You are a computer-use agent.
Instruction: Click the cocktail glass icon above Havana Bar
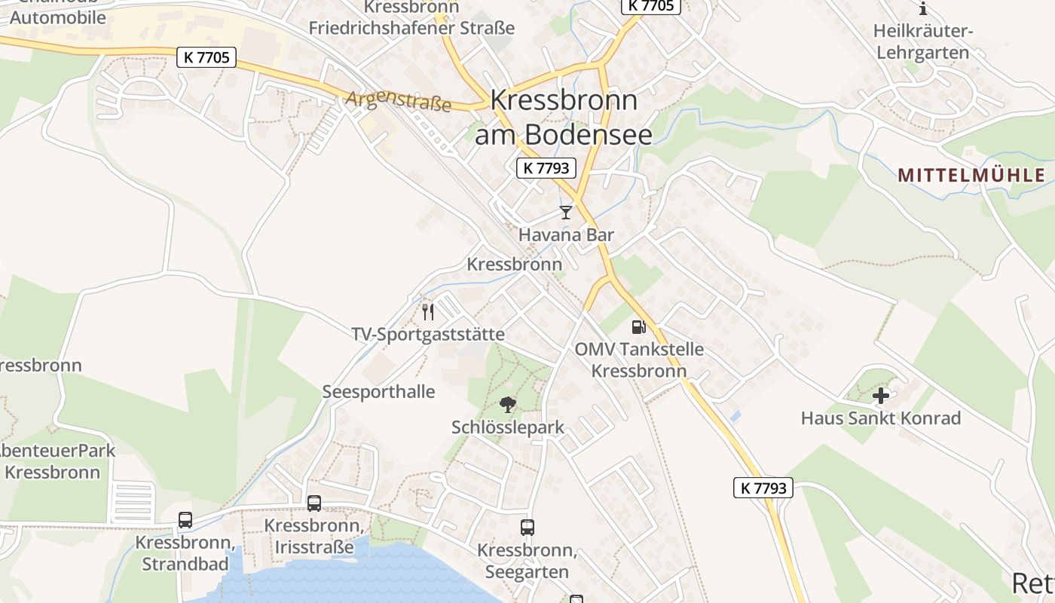coord(566,213)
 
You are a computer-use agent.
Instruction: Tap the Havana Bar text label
coord(566,235)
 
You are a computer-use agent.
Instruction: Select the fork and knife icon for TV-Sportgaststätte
coord(428,312)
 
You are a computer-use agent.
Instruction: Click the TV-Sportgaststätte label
coord(428,334)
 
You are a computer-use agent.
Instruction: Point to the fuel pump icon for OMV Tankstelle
coord(638,327)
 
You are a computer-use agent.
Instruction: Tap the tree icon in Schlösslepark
coord(508,405)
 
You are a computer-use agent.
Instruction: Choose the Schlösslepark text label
coord(508,427)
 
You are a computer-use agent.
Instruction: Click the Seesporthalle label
coord(378,392)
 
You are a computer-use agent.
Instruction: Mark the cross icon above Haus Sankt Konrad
coord(880,396)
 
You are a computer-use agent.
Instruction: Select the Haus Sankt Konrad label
coord(880,418)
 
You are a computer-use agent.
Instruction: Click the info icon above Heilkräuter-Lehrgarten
coord(923,9)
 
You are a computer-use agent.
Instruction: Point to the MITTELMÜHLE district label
coord(971,176)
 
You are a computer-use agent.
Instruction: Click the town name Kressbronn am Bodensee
coord(564,117)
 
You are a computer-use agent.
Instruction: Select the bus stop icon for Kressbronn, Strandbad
coord(185,520)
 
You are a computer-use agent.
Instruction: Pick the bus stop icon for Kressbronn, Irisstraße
coord(314,503)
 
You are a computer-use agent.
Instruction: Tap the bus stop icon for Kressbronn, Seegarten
coord(527,528)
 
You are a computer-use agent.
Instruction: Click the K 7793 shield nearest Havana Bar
coord(546,168)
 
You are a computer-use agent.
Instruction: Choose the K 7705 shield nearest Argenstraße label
coord(206,57)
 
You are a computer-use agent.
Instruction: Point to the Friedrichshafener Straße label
coord(411,29)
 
